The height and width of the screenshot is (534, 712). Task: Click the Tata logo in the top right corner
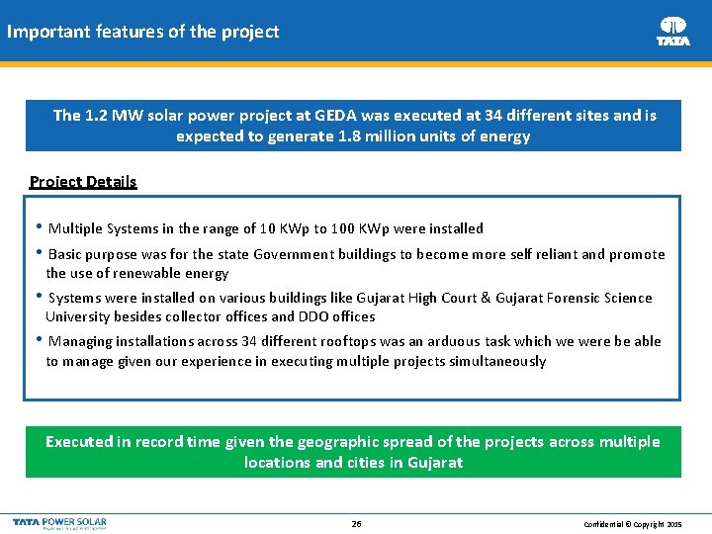pos(672,31)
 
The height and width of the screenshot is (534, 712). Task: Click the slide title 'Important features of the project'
pos(142,32)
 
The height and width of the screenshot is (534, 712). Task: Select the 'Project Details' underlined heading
pos(83,181)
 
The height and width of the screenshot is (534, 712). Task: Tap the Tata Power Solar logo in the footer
pos(59,522)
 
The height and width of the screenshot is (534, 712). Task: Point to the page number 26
pos(356,523)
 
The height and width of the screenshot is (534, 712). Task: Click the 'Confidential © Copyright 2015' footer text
pos(633,523)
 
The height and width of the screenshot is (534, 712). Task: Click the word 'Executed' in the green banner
pos(80,442)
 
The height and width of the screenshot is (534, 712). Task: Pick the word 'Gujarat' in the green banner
pos(434,463)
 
